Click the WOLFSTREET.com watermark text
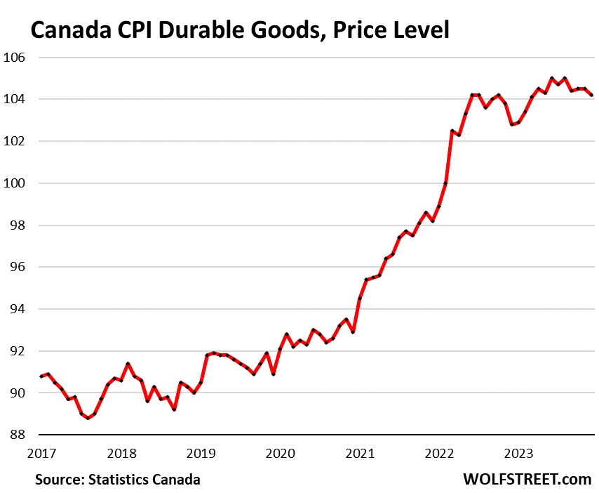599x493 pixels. click(527, 479)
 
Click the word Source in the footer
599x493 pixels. click(59, 480)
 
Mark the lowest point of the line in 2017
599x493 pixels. click(88, 418)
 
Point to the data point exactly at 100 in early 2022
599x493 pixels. click(446, 183)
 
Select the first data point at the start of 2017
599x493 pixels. click(41, 376)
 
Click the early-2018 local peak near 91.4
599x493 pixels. click(128, 364)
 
